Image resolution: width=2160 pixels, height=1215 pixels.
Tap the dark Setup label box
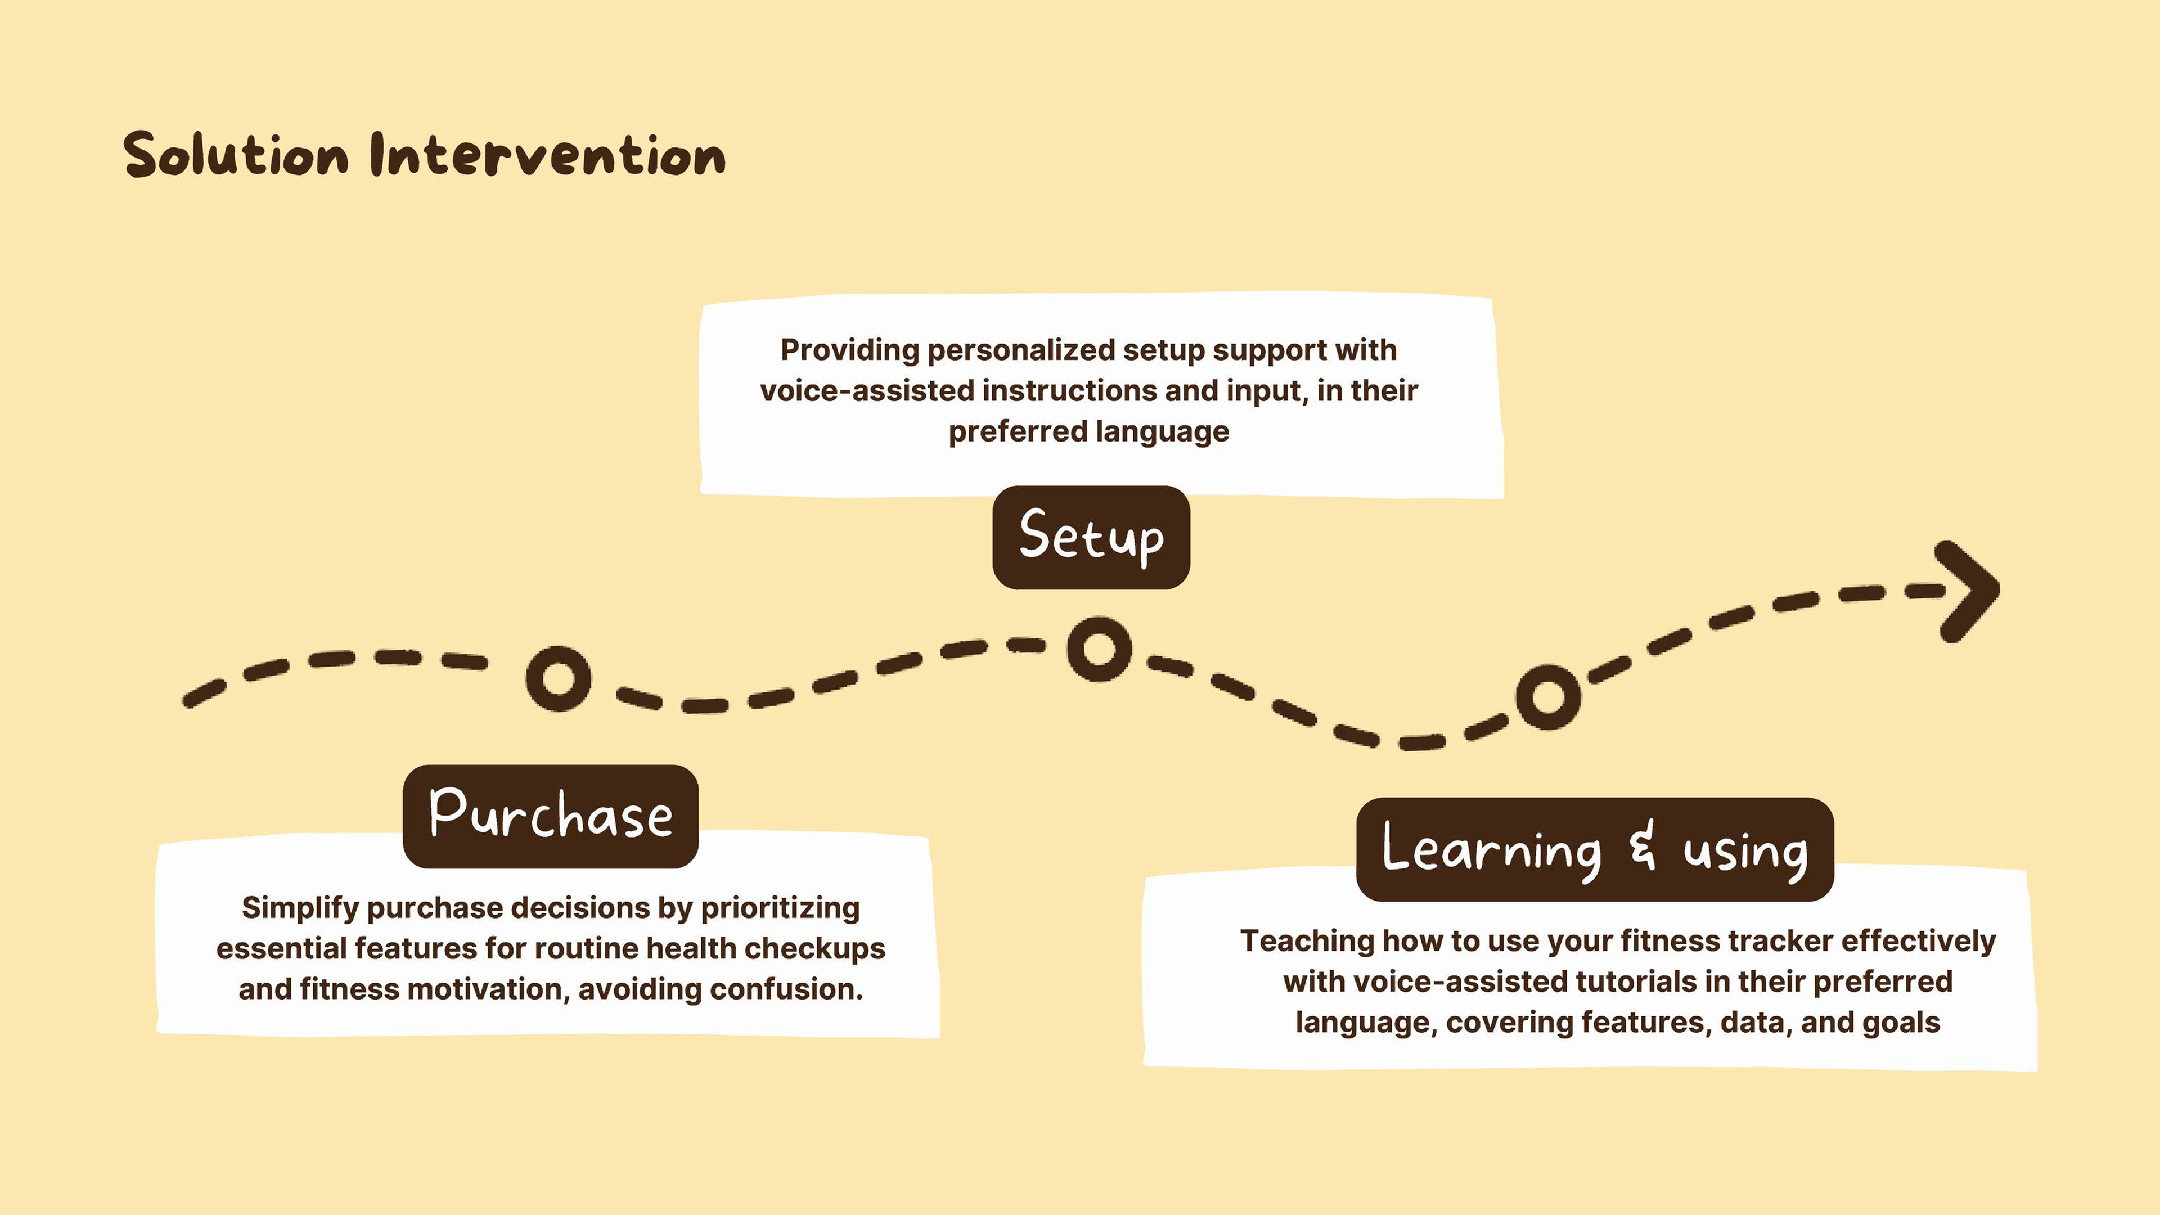point(1091,538)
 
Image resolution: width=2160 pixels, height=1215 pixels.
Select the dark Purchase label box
point(551,816)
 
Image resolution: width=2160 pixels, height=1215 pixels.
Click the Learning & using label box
point(1595,849)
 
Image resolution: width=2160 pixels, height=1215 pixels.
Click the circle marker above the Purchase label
point(559,677)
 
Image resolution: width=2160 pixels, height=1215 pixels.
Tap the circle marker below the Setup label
point(1099,648)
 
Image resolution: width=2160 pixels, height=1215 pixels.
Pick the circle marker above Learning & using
point(1548,697)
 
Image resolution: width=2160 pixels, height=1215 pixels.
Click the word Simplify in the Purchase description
point(300,908)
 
